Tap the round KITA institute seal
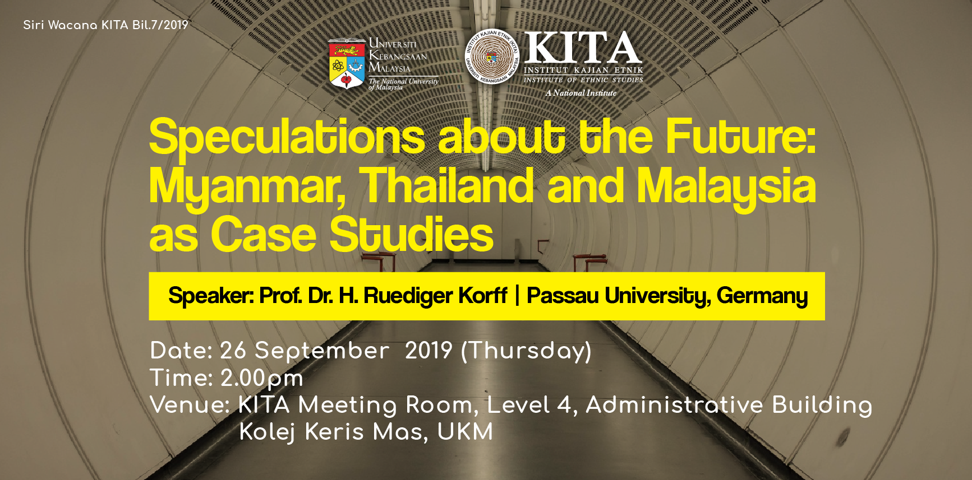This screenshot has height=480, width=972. point(492,56)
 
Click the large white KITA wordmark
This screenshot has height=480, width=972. point(583,48)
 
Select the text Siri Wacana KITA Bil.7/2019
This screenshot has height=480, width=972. point(105,25)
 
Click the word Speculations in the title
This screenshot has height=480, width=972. point(287,138)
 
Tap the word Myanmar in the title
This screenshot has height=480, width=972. point(247,187)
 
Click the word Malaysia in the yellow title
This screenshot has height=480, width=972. point(726,187)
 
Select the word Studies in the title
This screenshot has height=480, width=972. point(412,234)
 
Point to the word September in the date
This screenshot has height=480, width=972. point(322,352)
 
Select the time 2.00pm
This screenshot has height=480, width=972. point(262,379)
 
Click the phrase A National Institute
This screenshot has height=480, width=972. point(581,93)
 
